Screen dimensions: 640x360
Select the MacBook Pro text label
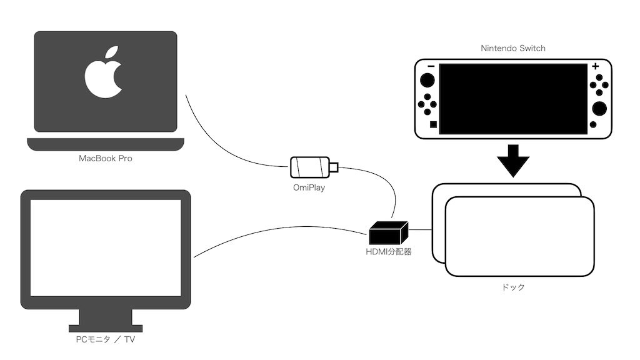[105, 159]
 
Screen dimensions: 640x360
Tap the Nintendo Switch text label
[513, 48]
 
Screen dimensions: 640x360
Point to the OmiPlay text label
[308, 187]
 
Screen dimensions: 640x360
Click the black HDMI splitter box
[388, 233]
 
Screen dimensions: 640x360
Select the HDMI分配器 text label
[388, 252]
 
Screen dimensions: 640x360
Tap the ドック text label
[513, 287]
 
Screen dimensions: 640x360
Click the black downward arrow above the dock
[513, 161]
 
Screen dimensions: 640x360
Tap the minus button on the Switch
[431, 66]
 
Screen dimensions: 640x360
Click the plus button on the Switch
[595, 66]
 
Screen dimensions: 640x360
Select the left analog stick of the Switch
[428, 81]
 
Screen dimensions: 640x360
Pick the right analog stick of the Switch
[599, 109]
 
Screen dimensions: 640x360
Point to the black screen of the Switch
[513, 98]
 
